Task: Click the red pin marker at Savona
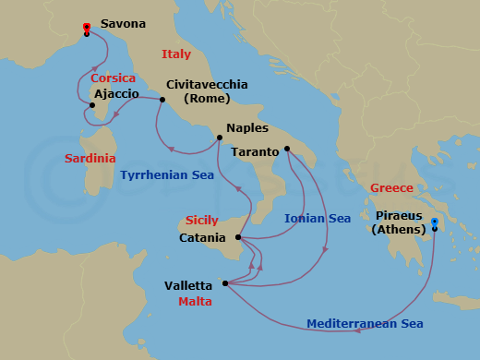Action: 86,29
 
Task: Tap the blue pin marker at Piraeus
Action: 435,223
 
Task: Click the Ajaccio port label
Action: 116,94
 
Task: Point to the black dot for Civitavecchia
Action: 162,100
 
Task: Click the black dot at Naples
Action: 219,138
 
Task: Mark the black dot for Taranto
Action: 288,149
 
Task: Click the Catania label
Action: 202,238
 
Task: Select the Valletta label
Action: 188,286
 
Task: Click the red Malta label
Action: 196,302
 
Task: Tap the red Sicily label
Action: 202,222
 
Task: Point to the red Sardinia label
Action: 90,159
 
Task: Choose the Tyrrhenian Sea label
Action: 162,174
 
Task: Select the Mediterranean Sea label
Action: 365,324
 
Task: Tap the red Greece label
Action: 391,188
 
